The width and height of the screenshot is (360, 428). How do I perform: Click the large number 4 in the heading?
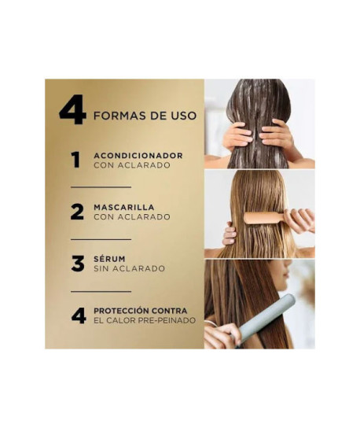[x=72, y=112]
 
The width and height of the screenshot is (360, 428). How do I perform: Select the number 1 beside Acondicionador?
[x=75, y=160]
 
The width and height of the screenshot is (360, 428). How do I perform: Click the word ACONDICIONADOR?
[x=138, y=156]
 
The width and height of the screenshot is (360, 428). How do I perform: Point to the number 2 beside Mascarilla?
[x=77, y=212]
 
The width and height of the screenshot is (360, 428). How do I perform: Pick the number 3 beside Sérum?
[x=77, y=264]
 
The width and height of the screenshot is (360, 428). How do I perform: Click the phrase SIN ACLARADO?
[x=129, y=269]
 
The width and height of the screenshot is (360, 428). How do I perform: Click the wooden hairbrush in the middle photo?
[x=266, y=220]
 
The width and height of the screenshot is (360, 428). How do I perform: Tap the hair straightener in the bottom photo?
[x=267, y=317]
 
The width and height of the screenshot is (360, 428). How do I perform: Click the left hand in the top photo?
[x=236, y=137]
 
